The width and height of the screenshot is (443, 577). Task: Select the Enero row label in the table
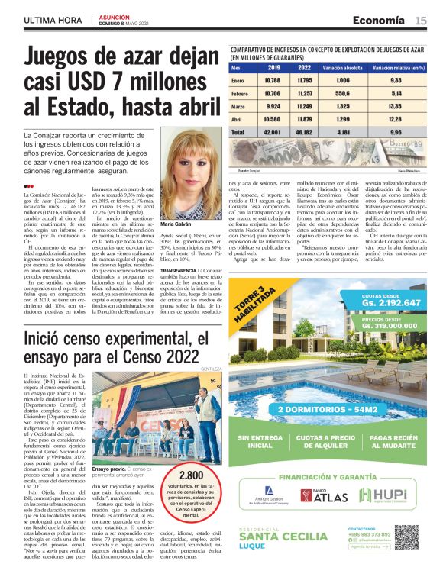point(238,79)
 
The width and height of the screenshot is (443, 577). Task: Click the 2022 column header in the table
point(305,67)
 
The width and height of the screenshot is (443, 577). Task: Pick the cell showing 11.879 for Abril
point(305,118)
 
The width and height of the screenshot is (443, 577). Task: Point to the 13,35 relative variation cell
point(395,105)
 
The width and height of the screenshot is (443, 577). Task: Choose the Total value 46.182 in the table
point(305,131)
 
